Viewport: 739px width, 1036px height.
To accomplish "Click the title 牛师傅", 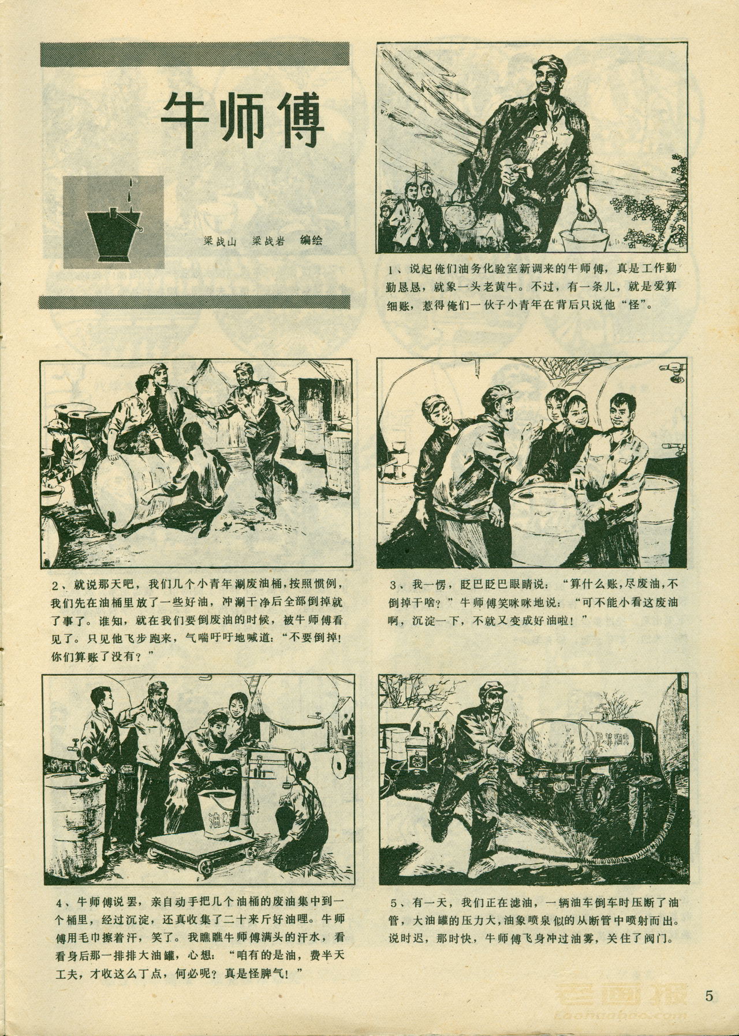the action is [x=242, y=119].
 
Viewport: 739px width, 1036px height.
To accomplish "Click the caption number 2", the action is [x=56, y=586].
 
